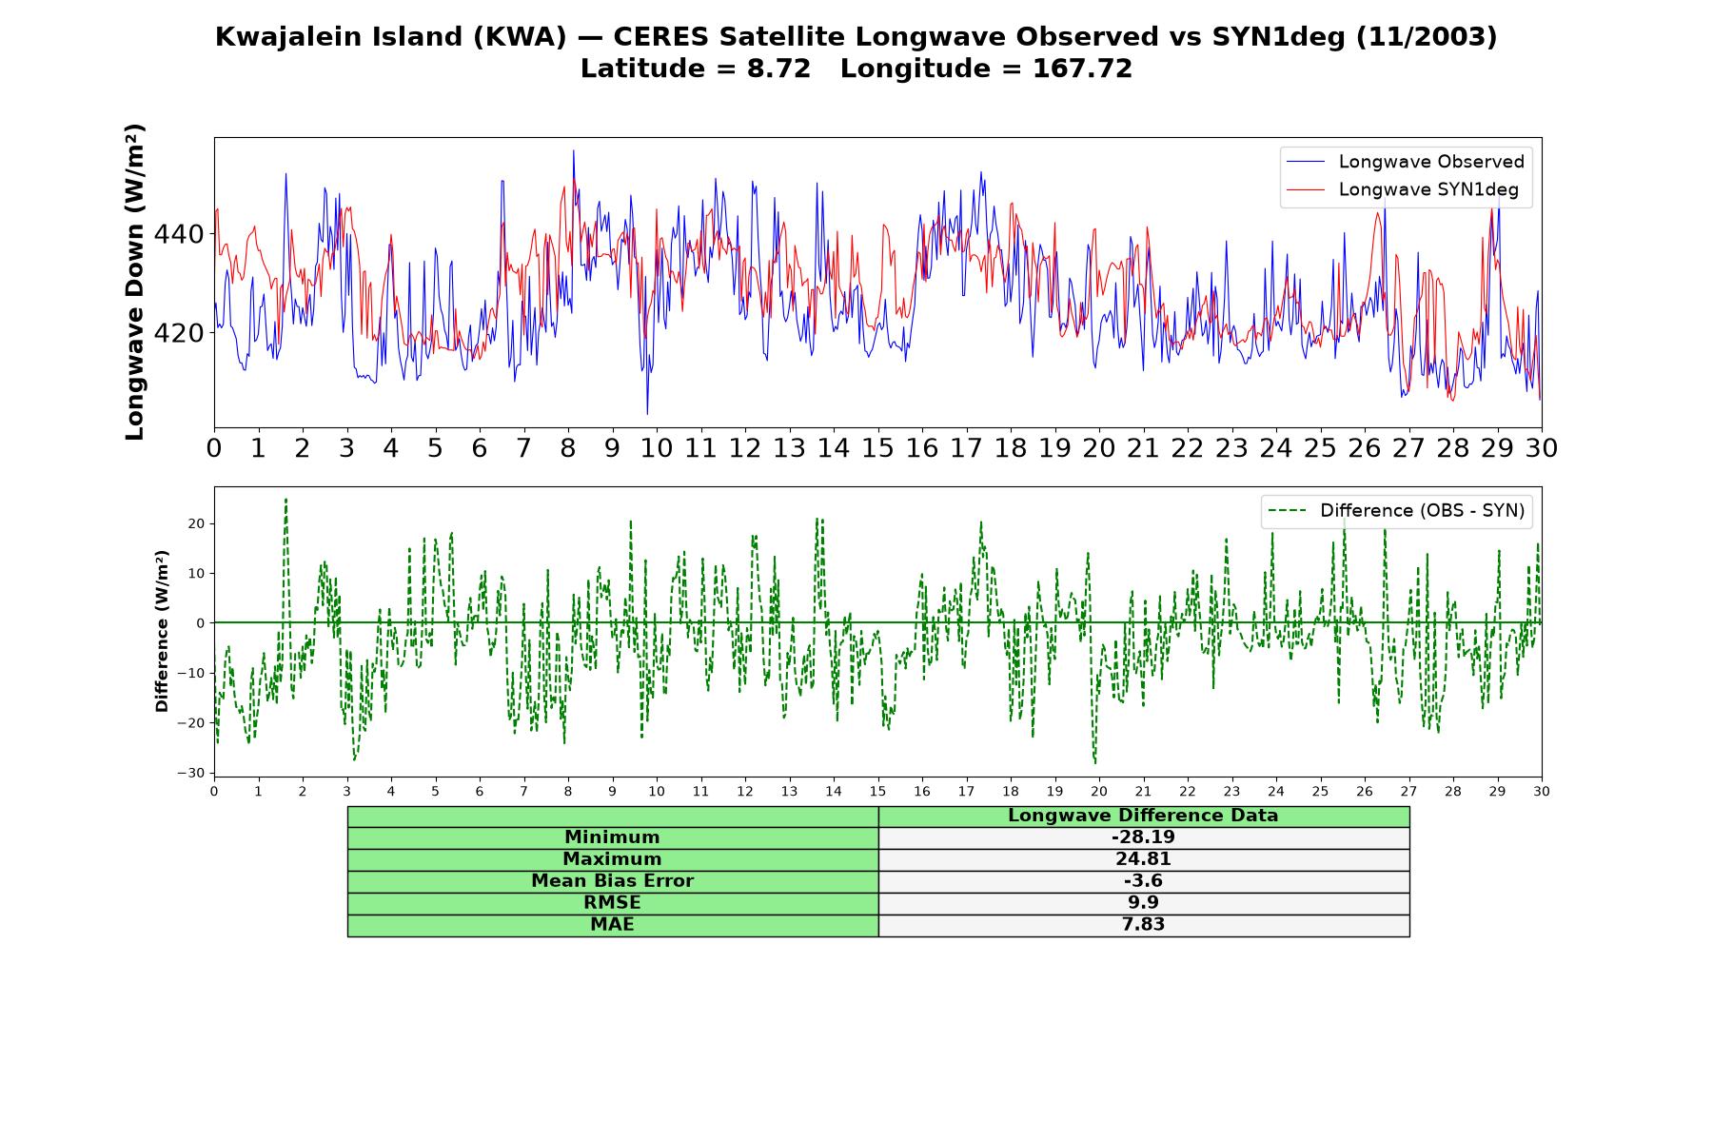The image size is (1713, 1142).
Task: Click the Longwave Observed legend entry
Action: [x=1405, y=162]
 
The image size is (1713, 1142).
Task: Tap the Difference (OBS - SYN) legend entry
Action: [x=1396, y=511]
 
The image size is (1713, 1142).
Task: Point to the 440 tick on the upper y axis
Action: [x=179, y=234]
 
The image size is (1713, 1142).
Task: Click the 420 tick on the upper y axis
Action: [x=179, y=333]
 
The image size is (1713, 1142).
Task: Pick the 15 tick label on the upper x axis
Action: [x=877, y=448]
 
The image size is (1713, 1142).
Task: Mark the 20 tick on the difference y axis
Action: [x=196, y=523]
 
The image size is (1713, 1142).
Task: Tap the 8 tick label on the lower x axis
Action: [x=568, y=791]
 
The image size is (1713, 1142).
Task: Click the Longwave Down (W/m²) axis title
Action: [x=134, y=282]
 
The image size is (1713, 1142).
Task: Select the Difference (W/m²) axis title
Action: [x=162, y=631]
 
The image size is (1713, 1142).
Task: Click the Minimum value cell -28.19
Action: [x=1143, y=837]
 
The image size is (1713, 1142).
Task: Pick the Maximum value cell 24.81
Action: [x=1143, y=859]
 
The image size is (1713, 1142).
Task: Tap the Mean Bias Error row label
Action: [x=612, y=881]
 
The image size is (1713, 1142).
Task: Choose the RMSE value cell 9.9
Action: [x=1143, y=903]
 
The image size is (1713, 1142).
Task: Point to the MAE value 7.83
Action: [x=1143, y=925]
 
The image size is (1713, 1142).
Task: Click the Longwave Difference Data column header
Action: [x=1143, y=816]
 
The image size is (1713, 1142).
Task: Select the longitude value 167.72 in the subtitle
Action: [x=1082, y=69]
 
